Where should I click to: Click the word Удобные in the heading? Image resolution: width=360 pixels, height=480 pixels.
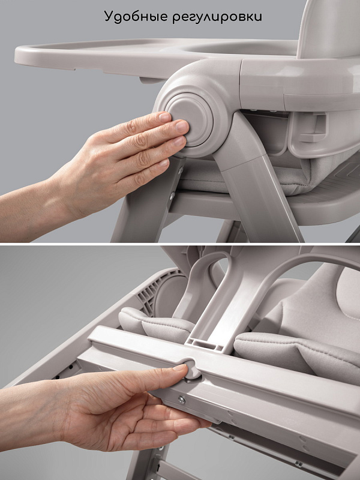click(x=135, y=16)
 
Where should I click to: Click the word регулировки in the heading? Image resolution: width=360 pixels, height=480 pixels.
click(x=217, y=17)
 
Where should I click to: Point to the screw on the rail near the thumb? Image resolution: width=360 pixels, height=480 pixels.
click(x=182, y=400)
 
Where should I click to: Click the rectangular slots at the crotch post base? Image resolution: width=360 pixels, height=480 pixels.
click(x=204, y=344)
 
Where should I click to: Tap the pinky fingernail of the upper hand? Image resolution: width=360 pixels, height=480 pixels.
click(x=164, y=163)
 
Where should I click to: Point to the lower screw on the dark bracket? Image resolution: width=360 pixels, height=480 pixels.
click(x=173, y=194)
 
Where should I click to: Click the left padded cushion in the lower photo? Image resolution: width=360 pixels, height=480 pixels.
click(x=156, y=324)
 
